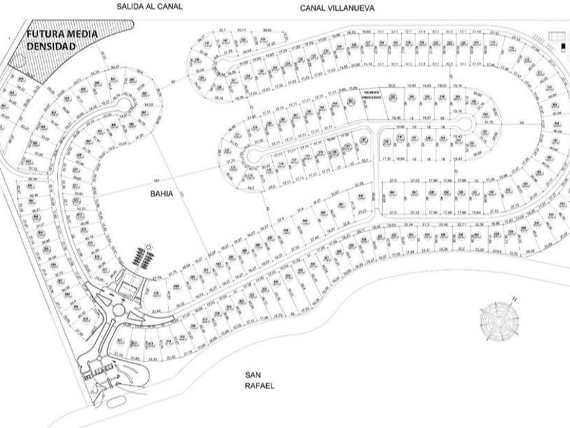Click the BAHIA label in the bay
click(x=163, y=193)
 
